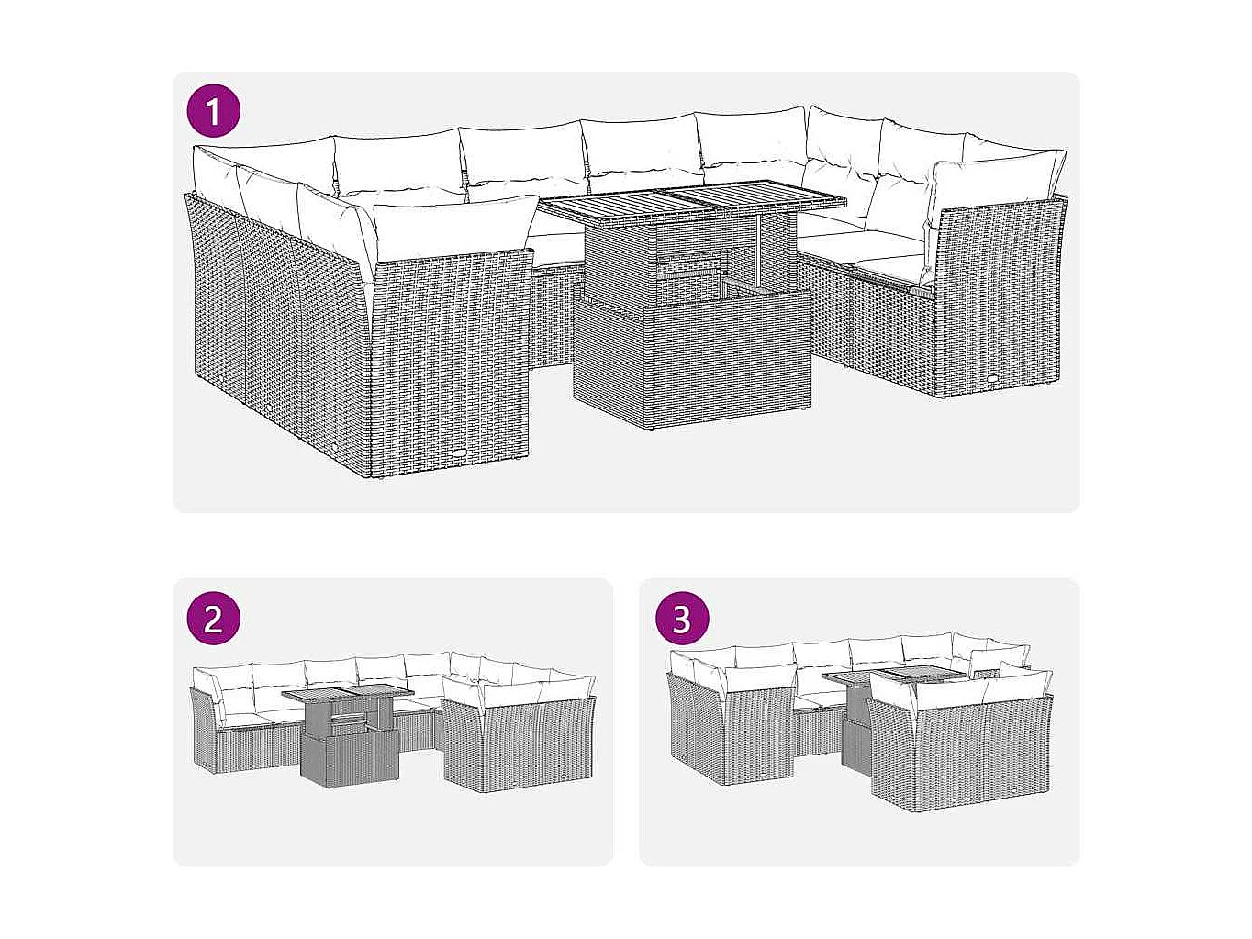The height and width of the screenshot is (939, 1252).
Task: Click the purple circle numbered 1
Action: coord(214,112)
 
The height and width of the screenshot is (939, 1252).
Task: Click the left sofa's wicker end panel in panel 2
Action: coord(203,730)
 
